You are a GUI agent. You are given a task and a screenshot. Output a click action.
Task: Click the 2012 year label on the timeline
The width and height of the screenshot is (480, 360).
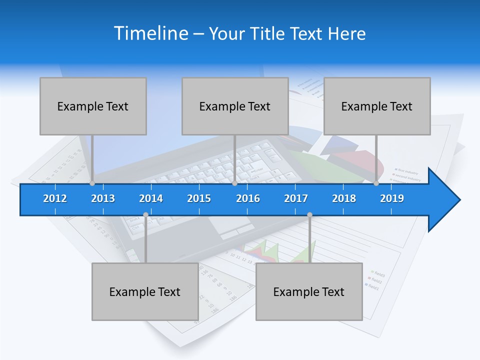55,198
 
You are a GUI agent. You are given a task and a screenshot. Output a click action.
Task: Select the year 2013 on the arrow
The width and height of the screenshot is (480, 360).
103,198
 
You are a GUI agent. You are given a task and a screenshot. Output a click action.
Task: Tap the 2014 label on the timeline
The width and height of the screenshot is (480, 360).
151,198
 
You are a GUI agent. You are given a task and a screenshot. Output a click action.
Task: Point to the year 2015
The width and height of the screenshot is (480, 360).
199,198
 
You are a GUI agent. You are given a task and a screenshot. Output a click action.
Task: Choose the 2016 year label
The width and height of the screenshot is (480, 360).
248,198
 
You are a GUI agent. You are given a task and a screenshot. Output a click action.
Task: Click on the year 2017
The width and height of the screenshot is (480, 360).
296,198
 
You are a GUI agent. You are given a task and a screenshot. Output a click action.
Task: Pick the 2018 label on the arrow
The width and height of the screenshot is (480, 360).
344,198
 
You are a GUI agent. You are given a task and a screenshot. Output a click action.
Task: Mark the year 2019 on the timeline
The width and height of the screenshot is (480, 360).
392,198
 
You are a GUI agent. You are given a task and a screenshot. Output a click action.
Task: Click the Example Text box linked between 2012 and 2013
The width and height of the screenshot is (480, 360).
93,106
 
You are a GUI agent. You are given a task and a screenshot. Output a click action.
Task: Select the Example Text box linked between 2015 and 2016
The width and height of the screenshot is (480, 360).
235,106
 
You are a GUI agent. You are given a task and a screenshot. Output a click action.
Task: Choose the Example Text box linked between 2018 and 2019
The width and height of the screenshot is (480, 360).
377,106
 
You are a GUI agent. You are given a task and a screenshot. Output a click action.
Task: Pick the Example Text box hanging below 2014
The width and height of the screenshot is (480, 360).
145,291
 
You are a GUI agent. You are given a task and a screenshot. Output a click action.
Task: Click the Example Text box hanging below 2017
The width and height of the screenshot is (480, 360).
309,291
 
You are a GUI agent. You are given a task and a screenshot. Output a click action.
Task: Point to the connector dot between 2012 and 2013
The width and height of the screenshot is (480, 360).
92,183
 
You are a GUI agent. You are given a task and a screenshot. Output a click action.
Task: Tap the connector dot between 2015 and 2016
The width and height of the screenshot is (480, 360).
234,183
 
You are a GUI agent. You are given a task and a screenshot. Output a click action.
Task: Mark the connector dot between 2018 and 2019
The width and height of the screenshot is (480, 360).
376,183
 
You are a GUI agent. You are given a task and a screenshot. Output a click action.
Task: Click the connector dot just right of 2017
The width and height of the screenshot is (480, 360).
309,215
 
